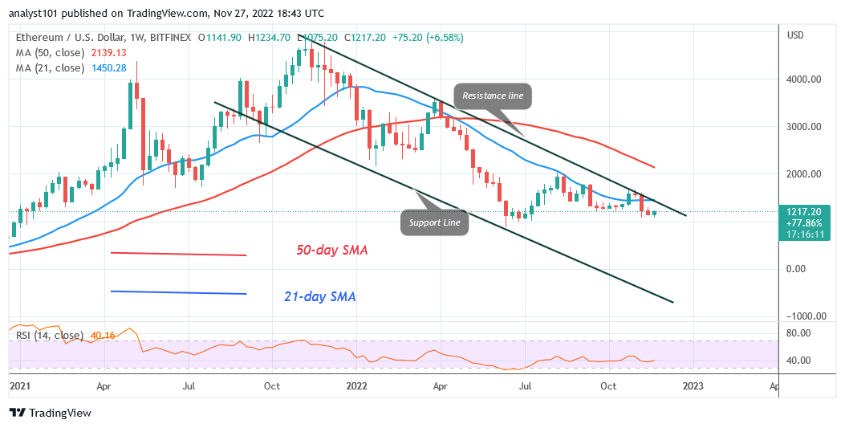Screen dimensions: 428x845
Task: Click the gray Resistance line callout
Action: click(494, 96)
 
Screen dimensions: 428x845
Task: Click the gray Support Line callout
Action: click(434, 222)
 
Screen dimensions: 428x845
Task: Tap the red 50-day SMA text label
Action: click(331, 251)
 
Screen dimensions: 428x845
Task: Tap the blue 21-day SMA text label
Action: click(320, 297)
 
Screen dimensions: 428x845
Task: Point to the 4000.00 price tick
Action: click(803, 79)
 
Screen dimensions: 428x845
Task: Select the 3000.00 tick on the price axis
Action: click(803, 127)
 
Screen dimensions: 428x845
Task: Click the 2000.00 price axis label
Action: click(803, 174)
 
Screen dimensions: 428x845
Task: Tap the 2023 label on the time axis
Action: click(693, 385)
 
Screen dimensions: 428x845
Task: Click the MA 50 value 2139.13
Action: click(108, 53)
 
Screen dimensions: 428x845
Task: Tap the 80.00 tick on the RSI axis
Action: click(799, 332)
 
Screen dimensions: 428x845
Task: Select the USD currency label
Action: click(796, 35)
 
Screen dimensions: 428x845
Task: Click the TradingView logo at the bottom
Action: click(50, 413)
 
